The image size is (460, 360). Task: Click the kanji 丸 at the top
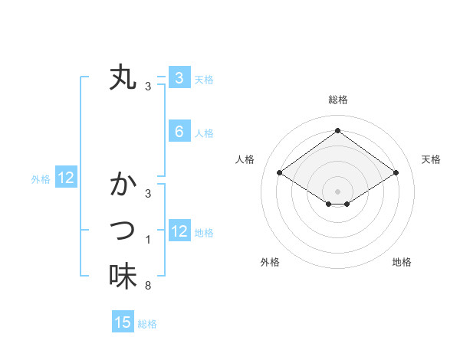point(123,78)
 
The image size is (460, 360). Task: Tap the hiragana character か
point(123,185)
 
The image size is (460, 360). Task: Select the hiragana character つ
point(123,229)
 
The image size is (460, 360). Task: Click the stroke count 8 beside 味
point(148,286)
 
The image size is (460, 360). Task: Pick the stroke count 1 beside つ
point(148,240)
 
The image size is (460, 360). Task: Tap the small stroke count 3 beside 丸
point(148,87)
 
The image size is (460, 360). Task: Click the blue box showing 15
point(123,322)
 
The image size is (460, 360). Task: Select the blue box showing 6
point(179,132)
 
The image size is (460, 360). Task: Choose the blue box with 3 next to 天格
point(179,77)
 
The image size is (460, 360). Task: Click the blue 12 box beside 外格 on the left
point(66,178)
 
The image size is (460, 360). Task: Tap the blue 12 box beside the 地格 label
point(179,231)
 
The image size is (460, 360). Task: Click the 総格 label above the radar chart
point(337,100)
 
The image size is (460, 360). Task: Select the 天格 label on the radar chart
point(431,159)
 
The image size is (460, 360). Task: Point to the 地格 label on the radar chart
point(402,262)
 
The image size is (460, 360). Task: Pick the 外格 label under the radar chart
point(270,262)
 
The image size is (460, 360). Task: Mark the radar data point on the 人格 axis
point(280,173)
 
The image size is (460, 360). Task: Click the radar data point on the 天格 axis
point(396,173)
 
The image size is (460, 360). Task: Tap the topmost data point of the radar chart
point(337,131)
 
